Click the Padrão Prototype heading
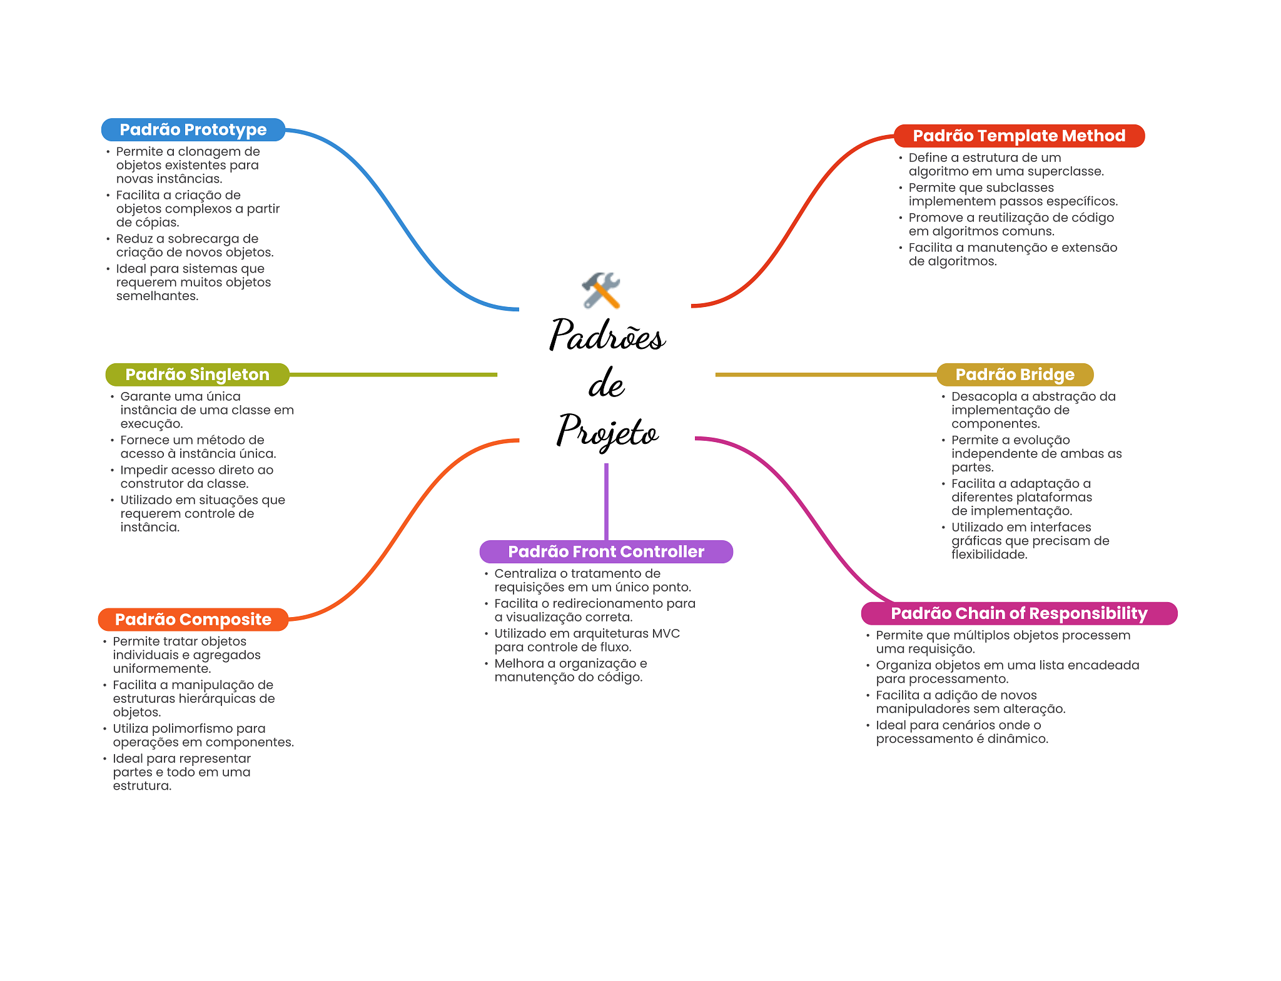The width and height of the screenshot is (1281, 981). [x=193, y=129]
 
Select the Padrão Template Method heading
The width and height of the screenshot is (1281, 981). [x=1019, y=136]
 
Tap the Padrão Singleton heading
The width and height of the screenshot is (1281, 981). [x=197, y=375]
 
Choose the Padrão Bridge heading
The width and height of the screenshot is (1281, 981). [x=1015, y=375]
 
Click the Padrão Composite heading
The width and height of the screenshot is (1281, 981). [x=193, y=619]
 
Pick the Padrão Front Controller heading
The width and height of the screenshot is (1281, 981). [x=605, y=551]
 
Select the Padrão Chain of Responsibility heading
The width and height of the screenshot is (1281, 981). [x=1019, y=613]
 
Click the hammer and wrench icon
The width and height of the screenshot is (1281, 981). [x=601, y=290]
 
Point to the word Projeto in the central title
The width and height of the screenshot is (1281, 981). [x=607, y=431]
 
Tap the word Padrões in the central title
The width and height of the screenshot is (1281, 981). [x=607, y=335]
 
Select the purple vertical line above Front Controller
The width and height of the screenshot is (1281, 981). [x=606, y=500]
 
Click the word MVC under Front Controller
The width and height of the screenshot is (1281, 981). [x=666, y=633]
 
